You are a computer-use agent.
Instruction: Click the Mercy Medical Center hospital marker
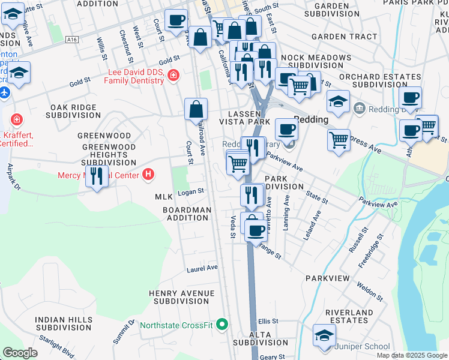[x=148, y=175]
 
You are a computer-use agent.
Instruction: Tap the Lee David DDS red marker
[x=173, y=75]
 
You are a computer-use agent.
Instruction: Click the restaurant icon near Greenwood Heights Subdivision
[x=95, y=176]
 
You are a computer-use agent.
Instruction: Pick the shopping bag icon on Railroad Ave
[x=196, y=110]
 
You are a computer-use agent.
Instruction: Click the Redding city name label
[x=310, y=119]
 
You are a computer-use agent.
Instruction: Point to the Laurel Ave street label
[x=202, y=269]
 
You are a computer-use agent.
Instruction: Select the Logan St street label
[x=191, y=192]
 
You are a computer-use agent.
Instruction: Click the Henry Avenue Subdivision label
[x=181, y=297]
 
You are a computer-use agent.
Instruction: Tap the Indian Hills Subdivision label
[x=62, y=324]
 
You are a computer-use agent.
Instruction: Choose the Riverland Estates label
[x=349, y=317]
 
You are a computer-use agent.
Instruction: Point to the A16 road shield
[x=73, y=40]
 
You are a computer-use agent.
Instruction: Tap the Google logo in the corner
[x=20, y=352]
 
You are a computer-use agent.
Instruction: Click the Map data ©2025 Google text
[x=411, y=355]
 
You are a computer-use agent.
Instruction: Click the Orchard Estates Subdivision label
[x=380, y=80]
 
